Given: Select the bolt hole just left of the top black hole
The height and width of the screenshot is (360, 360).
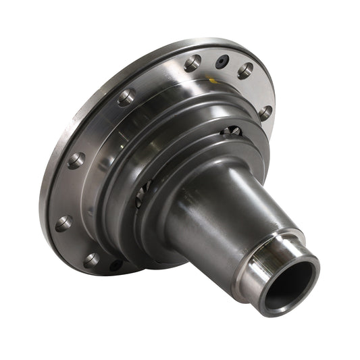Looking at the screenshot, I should (192, 63).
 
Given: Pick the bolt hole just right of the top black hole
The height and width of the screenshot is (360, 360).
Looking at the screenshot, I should (245, 70).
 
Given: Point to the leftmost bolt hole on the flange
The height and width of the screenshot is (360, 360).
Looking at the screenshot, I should (63, 224).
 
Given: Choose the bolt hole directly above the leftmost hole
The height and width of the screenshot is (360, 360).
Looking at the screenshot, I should (76, 161).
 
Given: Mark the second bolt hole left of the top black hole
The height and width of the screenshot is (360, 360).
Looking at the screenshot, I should (126, 98).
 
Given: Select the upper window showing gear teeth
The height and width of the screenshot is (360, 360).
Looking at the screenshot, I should (231, 130).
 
